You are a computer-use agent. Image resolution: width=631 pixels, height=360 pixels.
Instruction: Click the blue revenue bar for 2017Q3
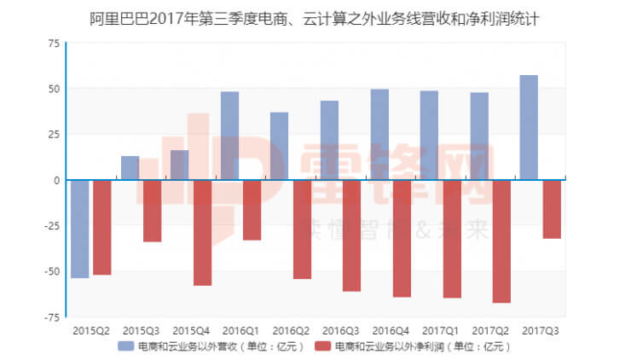[x=529, y=128]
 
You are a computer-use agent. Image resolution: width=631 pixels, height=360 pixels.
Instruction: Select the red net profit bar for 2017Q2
[x=501, y=241]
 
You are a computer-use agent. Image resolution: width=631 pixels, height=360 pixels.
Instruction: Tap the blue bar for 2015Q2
[x=79, y=229]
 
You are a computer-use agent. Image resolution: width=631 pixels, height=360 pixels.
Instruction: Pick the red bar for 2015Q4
[x=202, y=232]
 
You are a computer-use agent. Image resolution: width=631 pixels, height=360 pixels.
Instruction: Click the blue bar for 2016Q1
[x=229, y=136]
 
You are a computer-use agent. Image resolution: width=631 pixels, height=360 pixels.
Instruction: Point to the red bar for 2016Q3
[x=351, y=235]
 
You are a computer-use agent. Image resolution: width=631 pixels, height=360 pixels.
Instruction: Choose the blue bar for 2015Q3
[x=130, y=168]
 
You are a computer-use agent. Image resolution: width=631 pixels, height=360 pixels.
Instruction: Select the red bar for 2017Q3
[x=552, y=209]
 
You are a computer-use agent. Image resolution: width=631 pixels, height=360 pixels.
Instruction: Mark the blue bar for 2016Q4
[x=379, y=135]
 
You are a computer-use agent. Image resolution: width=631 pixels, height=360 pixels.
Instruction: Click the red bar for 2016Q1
[x=252, y=210]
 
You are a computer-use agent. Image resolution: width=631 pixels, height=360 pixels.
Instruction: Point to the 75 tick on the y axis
[x=54, y=43]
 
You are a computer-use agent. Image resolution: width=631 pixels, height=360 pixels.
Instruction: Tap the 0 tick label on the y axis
[x=56, y=180]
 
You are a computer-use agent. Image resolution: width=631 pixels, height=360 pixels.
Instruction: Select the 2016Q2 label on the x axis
[x=290, y=330]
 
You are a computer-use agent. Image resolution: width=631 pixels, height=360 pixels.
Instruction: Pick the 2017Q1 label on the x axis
[x=440, y=330]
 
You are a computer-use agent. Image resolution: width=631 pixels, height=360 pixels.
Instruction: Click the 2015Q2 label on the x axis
[x=90, y=330]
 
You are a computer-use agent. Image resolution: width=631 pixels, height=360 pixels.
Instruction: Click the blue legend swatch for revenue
[x=125, y=346]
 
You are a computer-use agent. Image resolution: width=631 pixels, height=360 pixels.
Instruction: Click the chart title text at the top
[x=315, y=15]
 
